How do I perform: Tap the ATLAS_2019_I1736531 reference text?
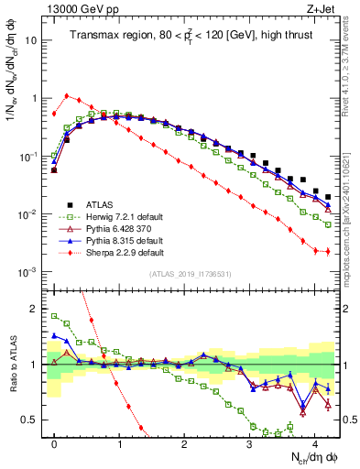[x=191, y=274]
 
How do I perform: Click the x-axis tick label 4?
[x=314, y=441]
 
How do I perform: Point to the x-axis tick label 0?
[x=55, y=441]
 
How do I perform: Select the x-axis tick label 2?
[x=185, y=441]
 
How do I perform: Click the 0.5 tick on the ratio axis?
[x=33, y=420]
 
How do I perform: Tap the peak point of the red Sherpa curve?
[x=67, y=95]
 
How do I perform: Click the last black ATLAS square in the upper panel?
[x=328, y=197]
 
